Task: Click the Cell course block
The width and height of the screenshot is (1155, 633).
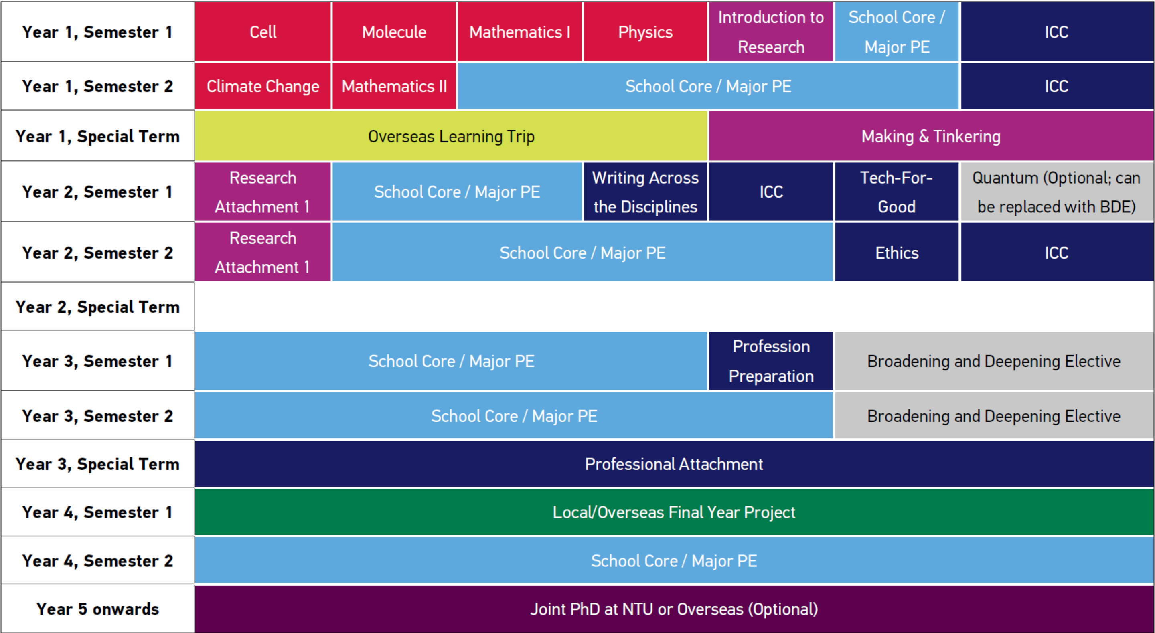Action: (263, 32)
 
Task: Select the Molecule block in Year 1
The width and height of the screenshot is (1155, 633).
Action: (394, 32)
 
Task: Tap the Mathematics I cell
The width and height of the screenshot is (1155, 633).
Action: (519, 32)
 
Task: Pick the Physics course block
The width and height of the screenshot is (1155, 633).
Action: (645, 32)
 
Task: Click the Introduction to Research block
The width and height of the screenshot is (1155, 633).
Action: (771, 32)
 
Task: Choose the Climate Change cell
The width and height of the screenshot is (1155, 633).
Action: (263, 86)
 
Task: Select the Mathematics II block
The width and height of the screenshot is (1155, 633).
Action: (394, 86)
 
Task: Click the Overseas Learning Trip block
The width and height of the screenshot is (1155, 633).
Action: (451, 136)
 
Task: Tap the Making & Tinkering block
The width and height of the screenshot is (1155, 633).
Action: (931, 136)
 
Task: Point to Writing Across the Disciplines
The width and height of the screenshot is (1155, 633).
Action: (645, 192)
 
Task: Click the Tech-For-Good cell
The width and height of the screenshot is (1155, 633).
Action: (896, 192)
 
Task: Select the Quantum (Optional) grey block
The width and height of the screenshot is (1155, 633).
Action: (1056, 192)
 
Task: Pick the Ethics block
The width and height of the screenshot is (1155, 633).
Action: (896, 253)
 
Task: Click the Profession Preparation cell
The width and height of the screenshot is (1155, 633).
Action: (771, 361)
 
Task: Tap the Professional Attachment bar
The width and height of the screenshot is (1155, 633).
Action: (673, 464)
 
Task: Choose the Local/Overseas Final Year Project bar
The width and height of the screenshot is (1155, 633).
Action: (673, 512)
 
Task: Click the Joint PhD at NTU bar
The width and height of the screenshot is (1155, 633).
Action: (673, 609)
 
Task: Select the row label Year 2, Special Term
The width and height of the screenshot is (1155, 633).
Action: (97, 307)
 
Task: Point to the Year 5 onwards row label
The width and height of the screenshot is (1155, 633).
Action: (97, 609)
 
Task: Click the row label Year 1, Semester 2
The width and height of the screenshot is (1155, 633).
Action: (97, 86)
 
